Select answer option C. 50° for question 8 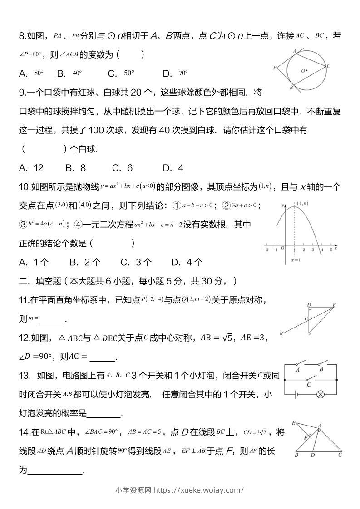coord(121,73)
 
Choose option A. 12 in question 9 coord(31,168)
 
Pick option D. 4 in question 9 coord(173,168)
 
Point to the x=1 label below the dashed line coord(296,260)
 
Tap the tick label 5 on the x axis coord(331,250)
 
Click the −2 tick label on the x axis coord(266,250)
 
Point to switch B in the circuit coord(322,364)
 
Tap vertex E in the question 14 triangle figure coord(294,423)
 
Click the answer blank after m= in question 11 coord(52,320)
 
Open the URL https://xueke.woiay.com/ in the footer coord(199,490)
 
